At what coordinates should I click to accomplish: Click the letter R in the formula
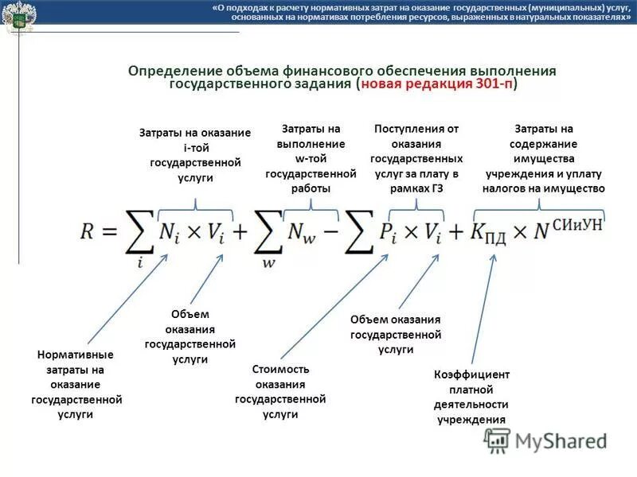[x=89, y=231]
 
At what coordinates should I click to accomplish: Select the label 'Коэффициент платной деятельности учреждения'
[x=471, y=397]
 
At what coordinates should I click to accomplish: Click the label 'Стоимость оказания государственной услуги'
[x=280, y=392]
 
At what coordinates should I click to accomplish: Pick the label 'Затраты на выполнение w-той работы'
[x=310, y=159]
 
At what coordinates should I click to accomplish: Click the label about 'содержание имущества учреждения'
[x=544, y=159]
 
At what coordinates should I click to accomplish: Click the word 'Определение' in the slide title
[x=171, y=71]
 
